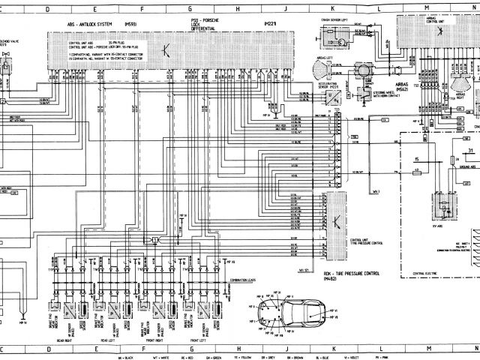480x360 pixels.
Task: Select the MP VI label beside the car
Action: point(335,310)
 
